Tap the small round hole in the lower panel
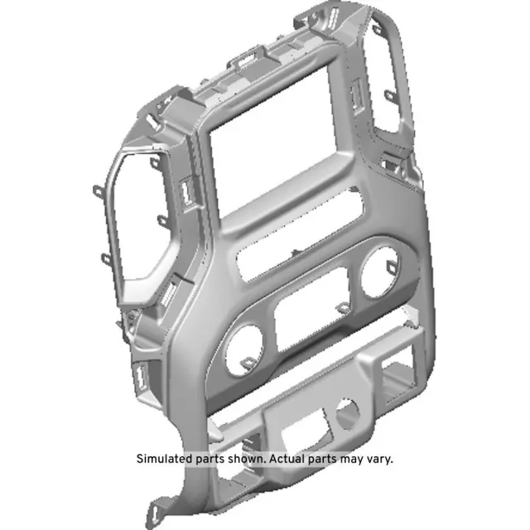[x=348, y=412]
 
